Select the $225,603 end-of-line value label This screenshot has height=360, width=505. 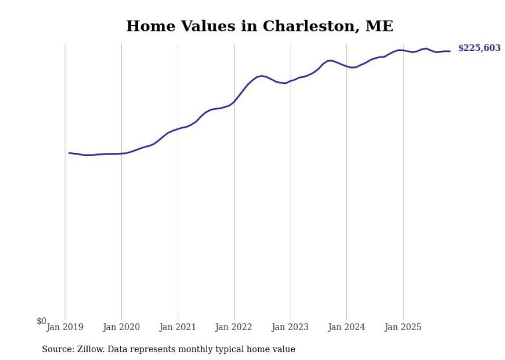click(479, 48)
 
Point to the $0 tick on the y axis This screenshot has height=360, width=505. click(41, 321)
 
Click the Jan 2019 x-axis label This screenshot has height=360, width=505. click(65, 327)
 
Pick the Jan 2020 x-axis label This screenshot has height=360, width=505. click(122, 327)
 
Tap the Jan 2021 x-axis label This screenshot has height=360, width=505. click(178, 327)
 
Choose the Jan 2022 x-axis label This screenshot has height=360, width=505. click(234, 327)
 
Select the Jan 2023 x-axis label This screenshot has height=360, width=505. click(291, 327)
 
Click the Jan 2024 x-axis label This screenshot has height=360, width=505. click(347, 327)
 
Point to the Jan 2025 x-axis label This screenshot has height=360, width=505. click(403, 327)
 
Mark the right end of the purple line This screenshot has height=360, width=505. click(450, 51)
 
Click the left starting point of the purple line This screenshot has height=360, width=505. click(69, 152)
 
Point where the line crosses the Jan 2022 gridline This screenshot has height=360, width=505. click(234, 101)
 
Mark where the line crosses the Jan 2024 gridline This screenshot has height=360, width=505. click(347, 66)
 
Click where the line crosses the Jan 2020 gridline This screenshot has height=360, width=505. click(122, 153)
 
